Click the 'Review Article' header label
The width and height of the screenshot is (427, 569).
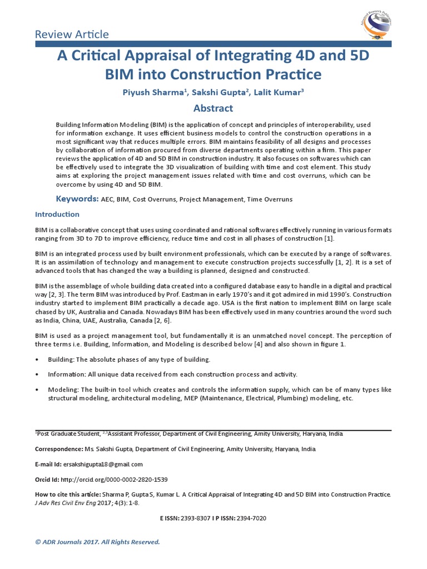72,34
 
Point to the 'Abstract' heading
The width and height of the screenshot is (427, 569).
213,108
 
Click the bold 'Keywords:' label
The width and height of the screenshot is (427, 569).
77,199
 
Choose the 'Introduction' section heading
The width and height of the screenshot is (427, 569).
57,214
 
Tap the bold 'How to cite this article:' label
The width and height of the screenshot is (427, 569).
68,494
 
